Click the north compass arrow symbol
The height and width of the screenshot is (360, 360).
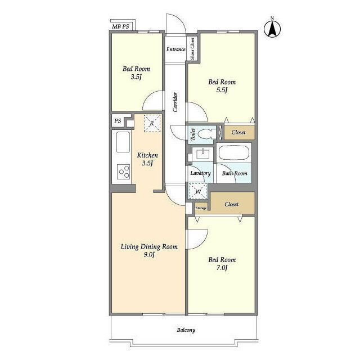point(272,29)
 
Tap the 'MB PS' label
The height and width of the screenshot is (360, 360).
point(120,26)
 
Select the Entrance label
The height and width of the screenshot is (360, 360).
point(175,49)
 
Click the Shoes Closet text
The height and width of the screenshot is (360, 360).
point(192,49)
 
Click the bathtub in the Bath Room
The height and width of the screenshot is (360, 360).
point(233,152)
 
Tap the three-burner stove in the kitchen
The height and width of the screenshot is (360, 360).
point(124,172)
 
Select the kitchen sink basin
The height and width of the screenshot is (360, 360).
point(123,142)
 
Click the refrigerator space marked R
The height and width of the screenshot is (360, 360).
point(152,123)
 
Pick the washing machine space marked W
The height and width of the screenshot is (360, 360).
point(198,191)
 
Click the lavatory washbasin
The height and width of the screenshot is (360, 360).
point(203,154)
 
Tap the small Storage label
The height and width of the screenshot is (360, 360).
point(201,208)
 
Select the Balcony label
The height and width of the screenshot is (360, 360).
point(186,330)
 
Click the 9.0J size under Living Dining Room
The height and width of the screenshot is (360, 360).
point(148,255)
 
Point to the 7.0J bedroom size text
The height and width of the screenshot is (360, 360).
point(222,268)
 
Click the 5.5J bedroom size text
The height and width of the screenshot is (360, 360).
point(222,90)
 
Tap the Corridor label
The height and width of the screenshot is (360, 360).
point(175,102)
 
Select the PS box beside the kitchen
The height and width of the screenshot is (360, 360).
point(118,120)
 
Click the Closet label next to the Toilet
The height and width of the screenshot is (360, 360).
point(238,132)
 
